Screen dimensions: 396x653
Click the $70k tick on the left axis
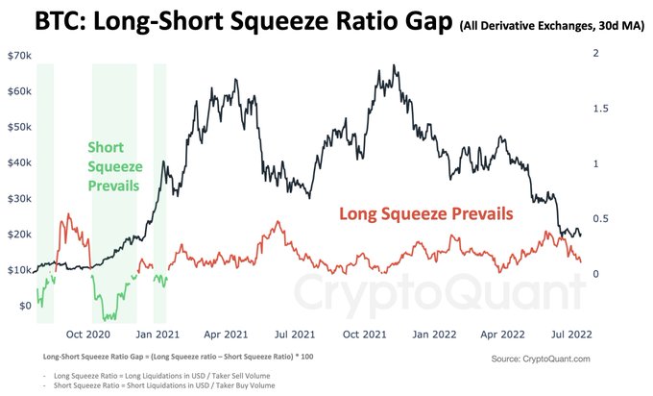pyautogui.click(x=19, y=56)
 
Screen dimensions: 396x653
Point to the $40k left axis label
pyautogui.click(x=19, y=162)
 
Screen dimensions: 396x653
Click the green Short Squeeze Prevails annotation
pyautogui.click(x=113, y=165)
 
